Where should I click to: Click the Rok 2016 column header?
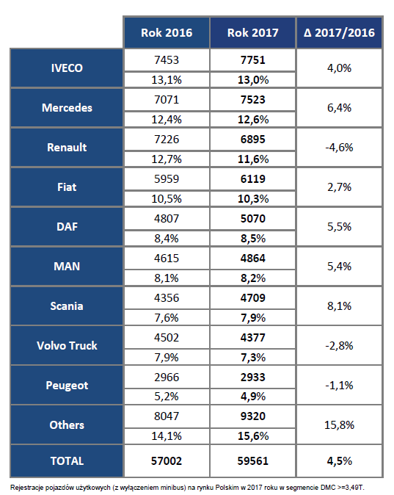(x=167, y=33)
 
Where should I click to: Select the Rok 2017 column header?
(x=252, y=33)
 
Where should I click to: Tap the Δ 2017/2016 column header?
(x=339, y=33)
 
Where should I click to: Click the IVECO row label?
(x=67, y=68)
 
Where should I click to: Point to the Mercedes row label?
(x=67, y=108)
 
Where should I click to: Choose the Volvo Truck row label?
(x=67, y=346)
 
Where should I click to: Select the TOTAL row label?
(x=67, y=461)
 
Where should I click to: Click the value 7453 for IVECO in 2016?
(x=167, y=60)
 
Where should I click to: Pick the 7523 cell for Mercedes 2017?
(x=252, y=100)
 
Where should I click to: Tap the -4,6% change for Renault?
(x=339, y=148)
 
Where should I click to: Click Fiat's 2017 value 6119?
(x=252, y=179)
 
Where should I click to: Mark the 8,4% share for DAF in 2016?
(x=167, y=239)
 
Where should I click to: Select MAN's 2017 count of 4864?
(x=252, y=259)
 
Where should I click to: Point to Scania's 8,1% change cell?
(x=339, y=306)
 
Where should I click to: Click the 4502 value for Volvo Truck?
(x=167, y=338)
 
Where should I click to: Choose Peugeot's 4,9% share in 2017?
(x=252, y=397)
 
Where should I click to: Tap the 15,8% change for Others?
(x=339, y=425)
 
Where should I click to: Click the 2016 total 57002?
(x=167, y=461)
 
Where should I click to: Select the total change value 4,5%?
(x=339, y=461)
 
